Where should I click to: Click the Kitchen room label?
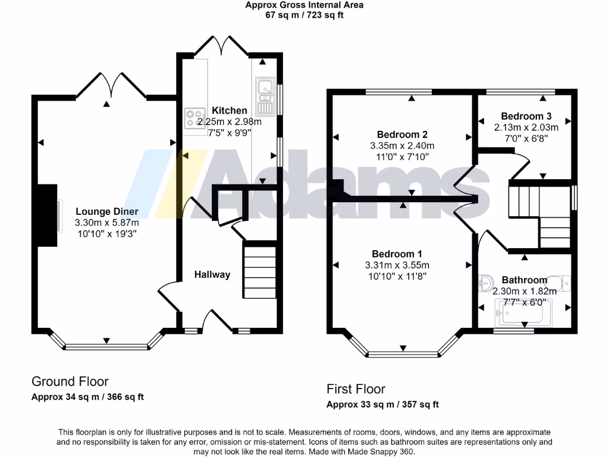click(230, 110)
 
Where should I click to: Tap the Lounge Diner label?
click(107, 211)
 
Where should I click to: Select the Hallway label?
click(212, 274)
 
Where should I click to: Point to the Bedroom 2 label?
click(402, 134)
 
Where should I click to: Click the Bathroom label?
click(524, 280)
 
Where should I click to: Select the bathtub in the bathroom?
click(524, 313)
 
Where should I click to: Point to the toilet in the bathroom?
click(559, 283)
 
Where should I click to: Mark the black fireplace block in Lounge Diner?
click(47, 215)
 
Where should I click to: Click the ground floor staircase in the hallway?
click(259, 270)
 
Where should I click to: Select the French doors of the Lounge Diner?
click(111, 84)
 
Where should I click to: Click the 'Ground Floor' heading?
click(70, 381)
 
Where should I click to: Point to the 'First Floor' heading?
click(356, 389)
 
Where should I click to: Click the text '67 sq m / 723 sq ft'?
click(304, 15)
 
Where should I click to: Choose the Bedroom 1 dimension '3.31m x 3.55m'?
click(397, 265)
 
